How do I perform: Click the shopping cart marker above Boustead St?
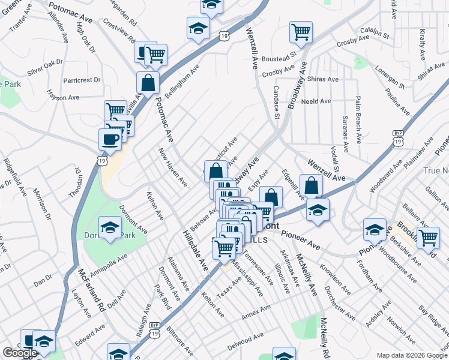point(301,32)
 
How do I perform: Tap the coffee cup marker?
point(110,139)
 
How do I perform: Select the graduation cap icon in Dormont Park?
point(110,227)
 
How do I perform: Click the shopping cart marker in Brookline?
point(428,236)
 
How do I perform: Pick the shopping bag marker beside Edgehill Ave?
point(311,185)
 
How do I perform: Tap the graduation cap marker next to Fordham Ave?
point(375,230)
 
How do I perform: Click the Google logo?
point(20,353)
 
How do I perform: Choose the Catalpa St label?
point(375,32)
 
